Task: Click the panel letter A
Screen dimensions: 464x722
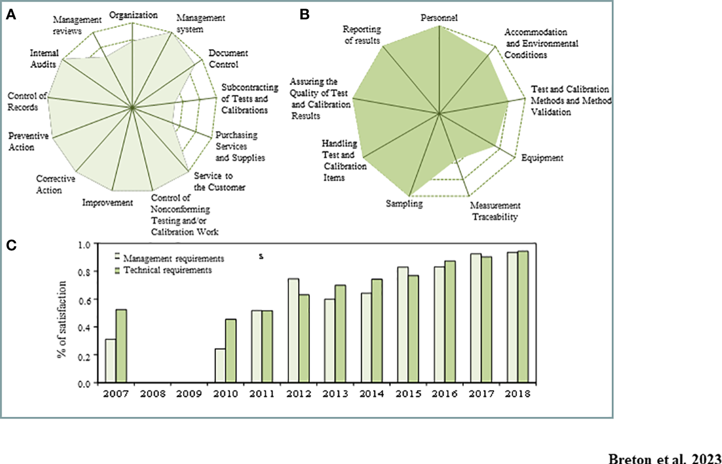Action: point(11,15)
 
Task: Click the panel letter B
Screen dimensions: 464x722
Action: point(304,15)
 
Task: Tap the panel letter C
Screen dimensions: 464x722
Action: point(11,246)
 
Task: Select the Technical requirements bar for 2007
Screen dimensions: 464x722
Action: point(121,346)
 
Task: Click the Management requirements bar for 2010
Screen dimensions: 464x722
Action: point(220,366)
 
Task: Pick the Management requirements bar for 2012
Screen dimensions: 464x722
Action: point(293,331)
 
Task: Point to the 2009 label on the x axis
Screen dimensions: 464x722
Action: point(189,394)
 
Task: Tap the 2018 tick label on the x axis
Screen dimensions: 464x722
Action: point(517,394)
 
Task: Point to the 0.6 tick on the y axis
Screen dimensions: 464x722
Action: point(85,300)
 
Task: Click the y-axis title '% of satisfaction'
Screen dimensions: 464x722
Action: point(62,320)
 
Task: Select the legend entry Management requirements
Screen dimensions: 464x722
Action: point(173,259)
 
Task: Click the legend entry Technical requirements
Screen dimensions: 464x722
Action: point(167,270)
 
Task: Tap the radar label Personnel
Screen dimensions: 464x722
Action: point(439,18)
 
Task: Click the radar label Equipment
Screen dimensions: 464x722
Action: point(542,158)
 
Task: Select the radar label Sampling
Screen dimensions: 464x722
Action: point(404,203)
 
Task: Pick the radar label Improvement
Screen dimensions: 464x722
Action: point(108,203)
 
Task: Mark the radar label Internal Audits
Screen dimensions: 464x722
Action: point(44,59)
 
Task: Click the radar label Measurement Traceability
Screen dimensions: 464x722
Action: point(495,211)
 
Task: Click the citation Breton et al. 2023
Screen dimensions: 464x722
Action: point(664,458)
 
